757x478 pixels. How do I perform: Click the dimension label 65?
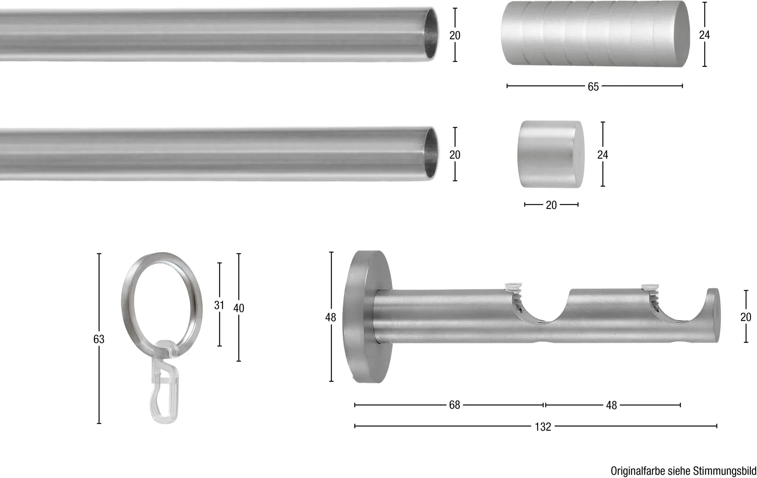click(593, 86)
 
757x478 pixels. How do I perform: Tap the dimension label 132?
click(543, 427)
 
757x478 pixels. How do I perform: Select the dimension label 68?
click(454, 405)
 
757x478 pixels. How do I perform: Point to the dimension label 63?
click(99, 339)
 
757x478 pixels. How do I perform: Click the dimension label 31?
click(219, 305)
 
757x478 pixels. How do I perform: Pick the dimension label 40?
click(239, 308)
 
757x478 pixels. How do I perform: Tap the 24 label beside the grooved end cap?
click(705, 35)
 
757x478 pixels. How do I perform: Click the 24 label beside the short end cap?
click(602, 155)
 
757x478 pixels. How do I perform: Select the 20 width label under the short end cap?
click(551, 205)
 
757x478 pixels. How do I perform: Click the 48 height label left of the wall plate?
click(331, 317)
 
